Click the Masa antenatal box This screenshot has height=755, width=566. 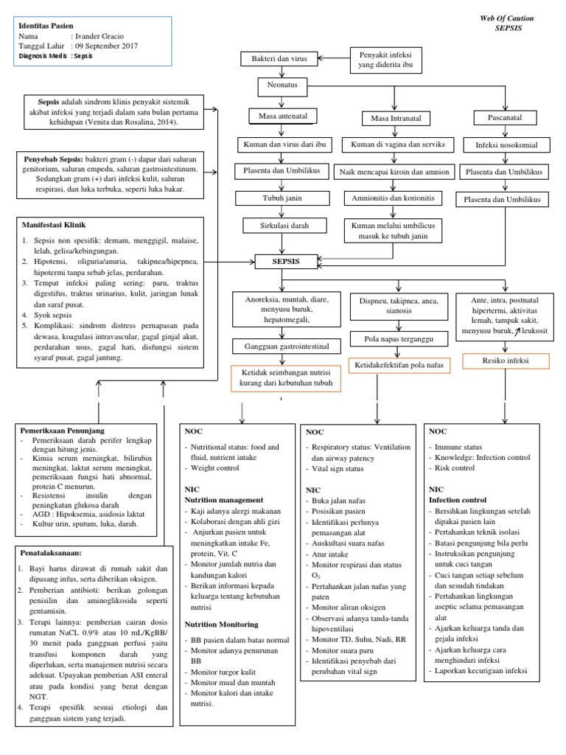pyautogui.click(x=283, y=116)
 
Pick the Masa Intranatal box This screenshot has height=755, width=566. pyautogui.click(x=390, y=119)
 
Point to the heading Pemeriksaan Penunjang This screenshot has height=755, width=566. pyautogui.click(x=63, y=430)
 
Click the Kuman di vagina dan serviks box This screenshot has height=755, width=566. pyautogui.click(x=390, y=145)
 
